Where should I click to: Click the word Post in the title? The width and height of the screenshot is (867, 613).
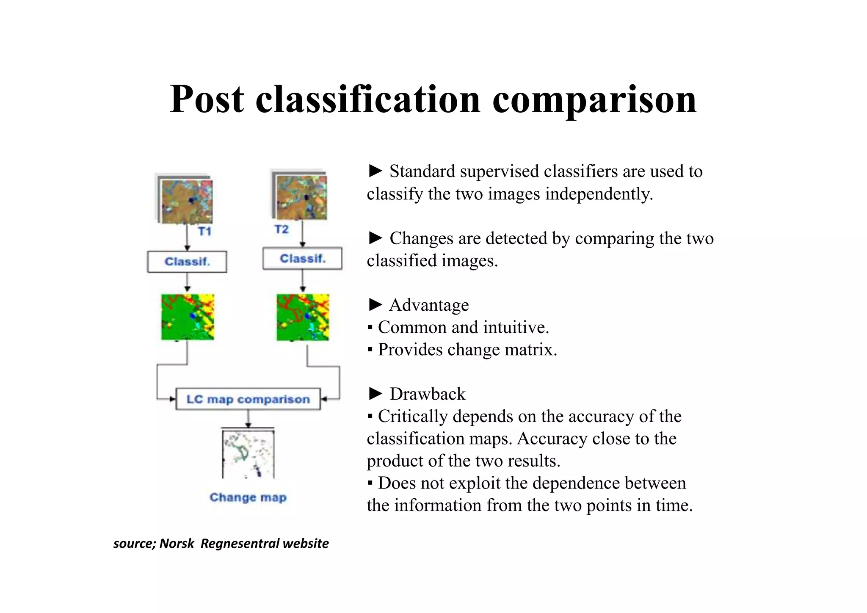pos(207,99)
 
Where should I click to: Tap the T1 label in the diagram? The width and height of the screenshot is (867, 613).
pos(204,231)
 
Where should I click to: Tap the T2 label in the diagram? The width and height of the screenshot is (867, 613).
pos(282,229)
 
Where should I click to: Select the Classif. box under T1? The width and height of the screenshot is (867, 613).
pos(187,262)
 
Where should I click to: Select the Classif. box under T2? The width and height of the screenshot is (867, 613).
pos(302,259)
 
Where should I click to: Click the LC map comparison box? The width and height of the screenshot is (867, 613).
pos(248,399)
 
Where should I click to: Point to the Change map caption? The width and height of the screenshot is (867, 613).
pos(248,497)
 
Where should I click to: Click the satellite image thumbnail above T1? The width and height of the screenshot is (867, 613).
pos(187,201)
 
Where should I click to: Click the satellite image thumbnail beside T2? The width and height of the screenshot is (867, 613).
pos(301,197)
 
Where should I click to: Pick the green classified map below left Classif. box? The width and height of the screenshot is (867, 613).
pos(188,317)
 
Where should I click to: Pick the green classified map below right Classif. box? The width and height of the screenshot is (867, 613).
pos(303,317)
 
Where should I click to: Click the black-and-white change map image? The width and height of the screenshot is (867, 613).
pos(248,454)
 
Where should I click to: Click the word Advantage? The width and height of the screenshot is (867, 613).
pos(429,305)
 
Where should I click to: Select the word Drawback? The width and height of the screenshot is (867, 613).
pos(428,394)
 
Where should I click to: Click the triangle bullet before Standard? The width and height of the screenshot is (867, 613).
pos(375,171)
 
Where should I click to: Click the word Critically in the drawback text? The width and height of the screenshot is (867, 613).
pos(412,417)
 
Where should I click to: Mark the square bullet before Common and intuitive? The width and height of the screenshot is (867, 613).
pos(370,328)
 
